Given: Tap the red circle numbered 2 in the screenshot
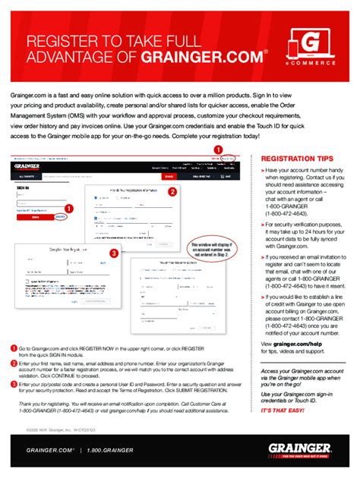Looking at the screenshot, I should pos(172,192).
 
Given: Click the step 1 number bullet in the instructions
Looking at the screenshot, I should pos(14,347).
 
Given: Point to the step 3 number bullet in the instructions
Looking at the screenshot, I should pos(14,385).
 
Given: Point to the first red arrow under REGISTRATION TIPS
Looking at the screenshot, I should pos(263,171).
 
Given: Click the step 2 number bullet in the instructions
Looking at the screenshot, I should pos(14,363).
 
